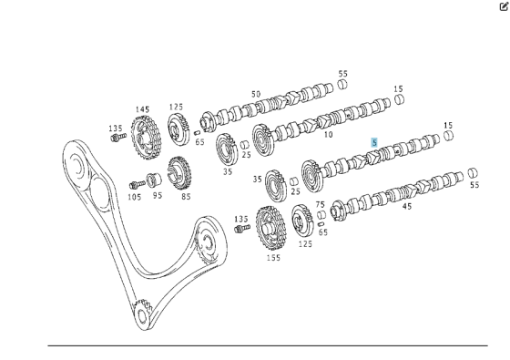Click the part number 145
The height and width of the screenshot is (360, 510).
coord(142,109)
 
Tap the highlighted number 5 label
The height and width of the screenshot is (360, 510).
coord(374,142)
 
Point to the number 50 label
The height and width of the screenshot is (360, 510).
coord(256,94)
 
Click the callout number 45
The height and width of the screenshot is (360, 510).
coord(406,206)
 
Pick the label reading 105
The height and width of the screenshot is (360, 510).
coord(135,196)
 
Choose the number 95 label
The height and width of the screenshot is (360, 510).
coord(158,196)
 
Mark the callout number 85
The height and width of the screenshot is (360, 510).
coord(186,196)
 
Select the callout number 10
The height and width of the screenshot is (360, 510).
coord(327,135)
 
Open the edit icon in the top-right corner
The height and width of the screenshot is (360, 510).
coord(502,6)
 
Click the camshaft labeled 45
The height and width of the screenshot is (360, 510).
coord(401,190)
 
